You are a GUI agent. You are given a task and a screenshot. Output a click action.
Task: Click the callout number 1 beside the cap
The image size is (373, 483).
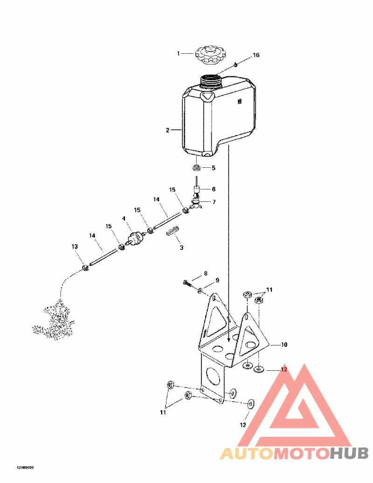(178, 54)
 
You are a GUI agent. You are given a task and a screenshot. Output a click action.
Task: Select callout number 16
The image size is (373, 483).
(256, 55)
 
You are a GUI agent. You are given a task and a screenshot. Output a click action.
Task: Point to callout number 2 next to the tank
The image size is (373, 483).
(167, 130)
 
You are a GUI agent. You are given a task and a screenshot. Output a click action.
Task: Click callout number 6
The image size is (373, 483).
(214, 189)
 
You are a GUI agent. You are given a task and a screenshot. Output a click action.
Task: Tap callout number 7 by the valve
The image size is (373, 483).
(214, 202)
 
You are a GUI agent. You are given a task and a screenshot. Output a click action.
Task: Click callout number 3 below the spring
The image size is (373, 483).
(181, 248)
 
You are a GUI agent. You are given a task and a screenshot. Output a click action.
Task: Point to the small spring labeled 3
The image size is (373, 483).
(173, 231)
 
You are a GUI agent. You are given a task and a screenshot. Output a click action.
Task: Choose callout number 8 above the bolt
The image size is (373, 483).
(205, 273)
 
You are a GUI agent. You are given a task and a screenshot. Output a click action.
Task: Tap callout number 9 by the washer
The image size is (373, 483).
(217, 281)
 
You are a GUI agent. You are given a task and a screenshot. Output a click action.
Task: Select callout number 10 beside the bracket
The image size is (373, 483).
(284, 345)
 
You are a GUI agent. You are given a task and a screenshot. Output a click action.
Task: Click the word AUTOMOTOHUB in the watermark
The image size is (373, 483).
(294, 453)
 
